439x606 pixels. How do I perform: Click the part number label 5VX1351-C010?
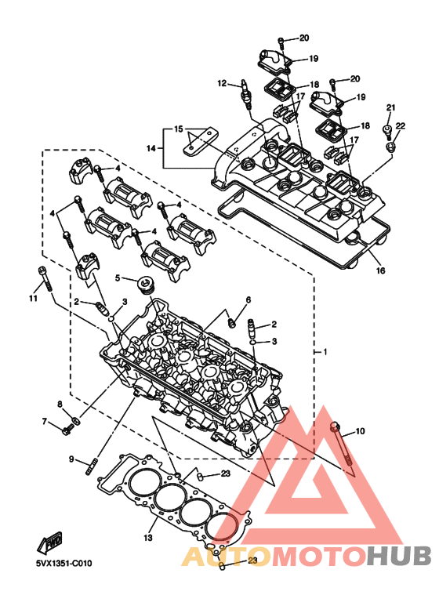click(64, 564)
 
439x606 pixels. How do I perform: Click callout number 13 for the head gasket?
click(148, 537)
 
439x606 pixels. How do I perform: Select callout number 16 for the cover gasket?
click(381, 270)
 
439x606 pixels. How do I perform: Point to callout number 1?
click(325, 352)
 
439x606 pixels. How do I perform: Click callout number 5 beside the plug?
click(118, 278)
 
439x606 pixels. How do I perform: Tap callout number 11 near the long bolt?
click(33, 299)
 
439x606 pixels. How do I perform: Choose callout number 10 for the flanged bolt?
click(360, 430)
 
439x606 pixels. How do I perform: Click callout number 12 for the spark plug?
click(222, 82)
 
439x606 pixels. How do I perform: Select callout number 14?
click(151, 148)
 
